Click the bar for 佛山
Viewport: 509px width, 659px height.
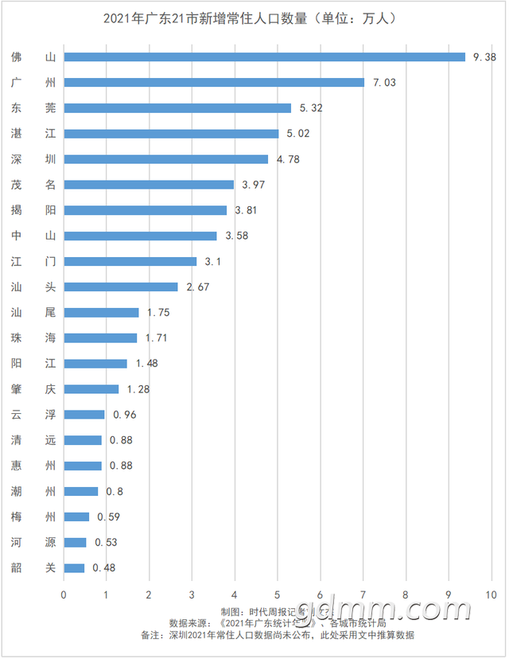[x=264, y=57]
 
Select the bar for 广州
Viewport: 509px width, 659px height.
[x=214, y=82]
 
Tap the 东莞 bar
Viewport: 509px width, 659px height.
[x=177, y=107]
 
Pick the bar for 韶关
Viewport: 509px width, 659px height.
[x=74, y=567]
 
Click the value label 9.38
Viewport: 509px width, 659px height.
[x=484, y=57]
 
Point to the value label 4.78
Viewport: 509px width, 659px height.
[x=288, y=159]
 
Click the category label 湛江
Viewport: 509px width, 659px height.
[x=33, y=133]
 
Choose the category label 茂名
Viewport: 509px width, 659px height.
[x=33, y=185]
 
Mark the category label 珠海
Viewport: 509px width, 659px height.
[x=33, y=337]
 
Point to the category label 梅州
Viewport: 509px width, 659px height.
[x=33, y=517]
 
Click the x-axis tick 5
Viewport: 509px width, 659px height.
[x=278, y=594]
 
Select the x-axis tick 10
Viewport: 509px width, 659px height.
[x=491, y=594]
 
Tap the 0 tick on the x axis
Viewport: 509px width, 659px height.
[x=64, y=594]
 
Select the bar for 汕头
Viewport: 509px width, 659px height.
[x=121, y=287]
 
